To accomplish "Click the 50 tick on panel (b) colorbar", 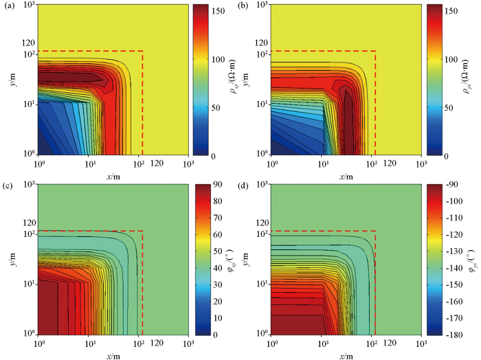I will click(449, 109).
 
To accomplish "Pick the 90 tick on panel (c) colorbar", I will click(215, 185).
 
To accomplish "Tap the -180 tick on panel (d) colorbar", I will click(451, 335).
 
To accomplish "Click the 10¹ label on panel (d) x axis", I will click(322, 341).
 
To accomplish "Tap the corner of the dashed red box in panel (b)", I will click(374, 52).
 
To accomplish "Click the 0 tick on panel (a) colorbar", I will click(213, 156).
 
